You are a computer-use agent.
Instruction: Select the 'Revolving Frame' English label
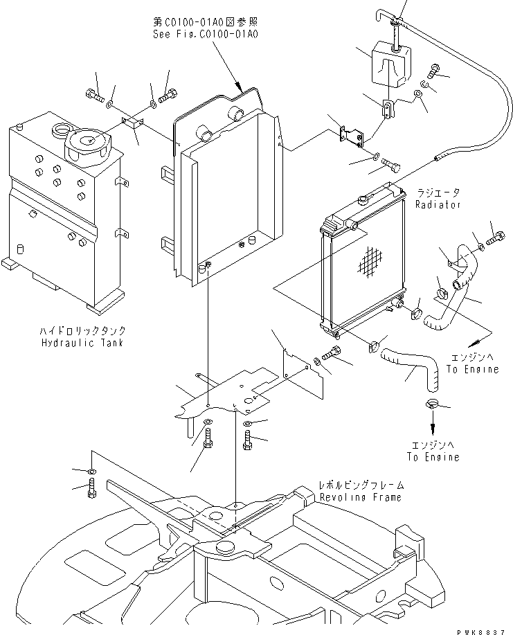pyautogui.click(x=360, y=497)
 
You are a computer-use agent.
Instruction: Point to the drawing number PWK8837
pyautogui.click(x=484, y=628)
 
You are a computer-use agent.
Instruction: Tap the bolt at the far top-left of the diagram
pyautogui.click(x=96, y=98)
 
